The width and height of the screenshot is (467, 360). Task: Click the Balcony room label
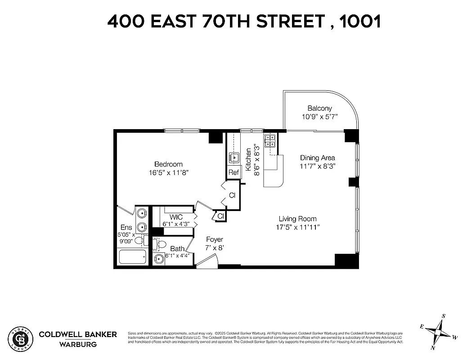tap(319, 108)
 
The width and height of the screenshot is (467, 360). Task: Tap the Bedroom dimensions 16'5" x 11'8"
tap(168, 172)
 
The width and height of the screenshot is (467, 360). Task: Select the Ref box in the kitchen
tap(233, 172)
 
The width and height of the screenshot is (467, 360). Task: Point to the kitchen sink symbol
tap(233, 157)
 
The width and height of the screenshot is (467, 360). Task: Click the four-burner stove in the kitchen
tap(270, 141)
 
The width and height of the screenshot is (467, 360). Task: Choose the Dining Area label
tap(318, 158)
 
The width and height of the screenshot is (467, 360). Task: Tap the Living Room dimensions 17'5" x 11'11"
tap(298, 227)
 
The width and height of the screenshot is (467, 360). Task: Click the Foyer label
tap(214, 239)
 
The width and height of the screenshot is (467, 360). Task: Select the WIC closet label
tap(176, 217)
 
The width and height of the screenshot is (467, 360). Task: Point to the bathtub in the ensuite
tap(132, 258)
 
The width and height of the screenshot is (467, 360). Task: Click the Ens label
tap(126, 228)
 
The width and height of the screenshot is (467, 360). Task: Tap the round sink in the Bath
tap(159, 259)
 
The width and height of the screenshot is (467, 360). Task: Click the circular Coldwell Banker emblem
tap(21, 338)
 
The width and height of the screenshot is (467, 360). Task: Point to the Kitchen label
tap(248, 160)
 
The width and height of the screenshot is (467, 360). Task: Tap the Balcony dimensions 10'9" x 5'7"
tap(319, 117)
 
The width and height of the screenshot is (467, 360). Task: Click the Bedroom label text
tap(168, 164)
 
